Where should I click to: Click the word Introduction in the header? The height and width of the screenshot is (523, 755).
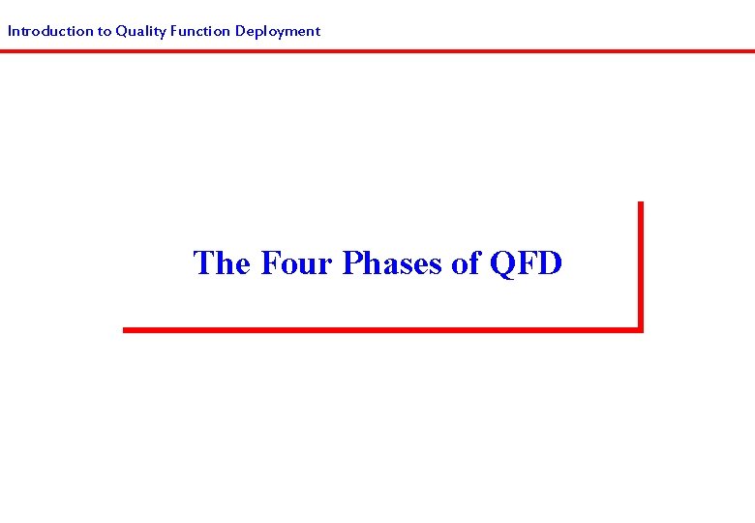click(47, 31)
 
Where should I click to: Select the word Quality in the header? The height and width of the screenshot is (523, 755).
click(140, 31)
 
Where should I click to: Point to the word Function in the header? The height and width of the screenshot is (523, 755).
click(199, 31)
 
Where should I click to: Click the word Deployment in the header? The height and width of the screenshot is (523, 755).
click(278, 31)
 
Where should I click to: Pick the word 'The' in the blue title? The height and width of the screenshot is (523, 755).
click(223, 262)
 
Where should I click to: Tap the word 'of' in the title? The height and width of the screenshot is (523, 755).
click(467, 262)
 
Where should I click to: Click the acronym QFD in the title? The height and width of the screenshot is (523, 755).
click(526, 262)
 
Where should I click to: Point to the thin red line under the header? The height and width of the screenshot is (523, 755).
click(377, 50)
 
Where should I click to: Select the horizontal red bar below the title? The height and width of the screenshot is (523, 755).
click(382, 329)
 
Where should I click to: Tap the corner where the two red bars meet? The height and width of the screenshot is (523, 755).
click(640, 329)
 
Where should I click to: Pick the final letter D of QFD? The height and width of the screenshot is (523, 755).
click(549, 262)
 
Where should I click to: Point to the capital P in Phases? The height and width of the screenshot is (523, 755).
click(351, 262)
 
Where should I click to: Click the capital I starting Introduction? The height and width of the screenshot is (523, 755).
click(10, 31)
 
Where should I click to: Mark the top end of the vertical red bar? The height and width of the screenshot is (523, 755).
click(640, 203)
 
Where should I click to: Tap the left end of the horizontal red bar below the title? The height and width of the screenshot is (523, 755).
click(126, 329)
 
